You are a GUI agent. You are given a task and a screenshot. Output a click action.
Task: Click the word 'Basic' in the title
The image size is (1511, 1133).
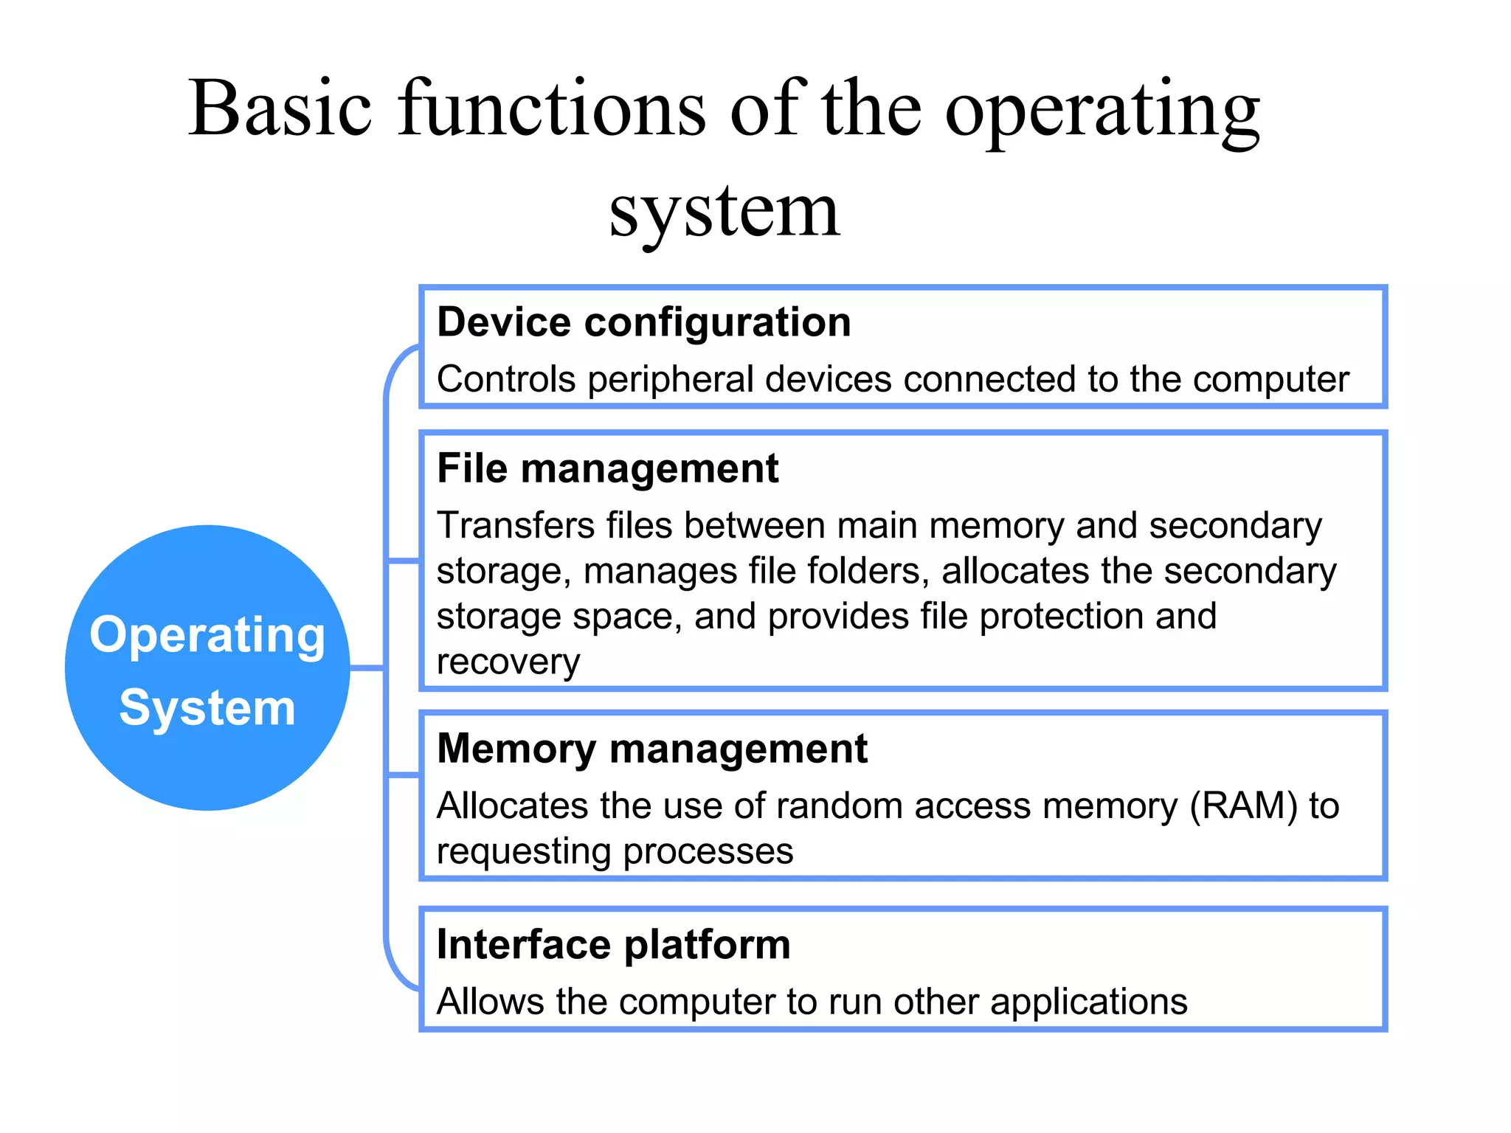click(x=280, y=108)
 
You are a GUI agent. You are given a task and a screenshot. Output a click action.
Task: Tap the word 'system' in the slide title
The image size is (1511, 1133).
click(x=724, y=211)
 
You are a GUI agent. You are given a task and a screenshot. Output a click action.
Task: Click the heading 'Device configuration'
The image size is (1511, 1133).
click(x=643, y=322)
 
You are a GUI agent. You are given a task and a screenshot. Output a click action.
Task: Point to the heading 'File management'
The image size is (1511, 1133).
click(x=607, y=468)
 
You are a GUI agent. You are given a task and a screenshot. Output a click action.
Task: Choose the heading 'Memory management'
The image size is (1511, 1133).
click(x=651, y=749)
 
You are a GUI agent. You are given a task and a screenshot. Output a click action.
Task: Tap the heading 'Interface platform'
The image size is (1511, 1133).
click(x=613, y=944)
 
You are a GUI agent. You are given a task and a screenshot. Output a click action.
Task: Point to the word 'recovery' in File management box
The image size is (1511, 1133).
click(x=508, y=662)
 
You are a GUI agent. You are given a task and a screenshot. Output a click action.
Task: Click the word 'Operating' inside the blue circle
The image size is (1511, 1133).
click(x=207, y=635)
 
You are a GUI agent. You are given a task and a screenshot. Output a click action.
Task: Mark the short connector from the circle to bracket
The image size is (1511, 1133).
click(x=367, y=668)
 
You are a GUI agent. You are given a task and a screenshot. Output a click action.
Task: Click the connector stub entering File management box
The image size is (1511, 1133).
click(x=403, y=562)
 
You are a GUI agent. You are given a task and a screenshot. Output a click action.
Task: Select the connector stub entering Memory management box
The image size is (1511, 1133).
click(x=403, y=775)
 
